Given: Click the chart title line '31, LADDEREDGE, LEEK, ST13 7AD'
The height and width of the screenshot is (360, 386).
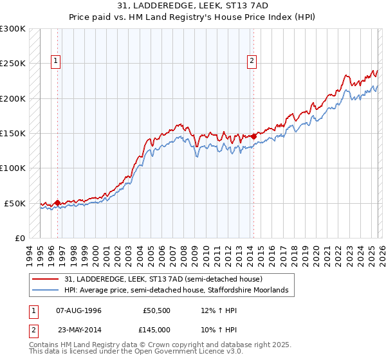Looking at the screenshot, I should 193,6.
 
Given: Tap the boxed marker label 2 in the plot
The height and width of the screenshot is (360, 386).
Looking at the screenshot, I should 251,62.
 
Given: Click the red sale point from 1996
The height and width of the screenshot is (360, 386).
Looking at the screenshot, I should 58,203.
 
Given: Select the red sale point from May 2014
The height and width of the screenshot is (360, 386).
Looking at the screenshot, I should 254,136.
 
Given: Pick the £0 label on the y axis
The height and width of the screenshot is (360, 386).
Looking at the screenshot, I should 19,238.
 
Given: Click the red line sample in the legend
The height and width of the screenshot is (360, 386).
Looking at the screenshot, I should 46,280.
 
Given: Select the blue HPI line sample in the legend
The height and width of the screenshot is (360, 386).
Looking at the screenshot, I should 46,291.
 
